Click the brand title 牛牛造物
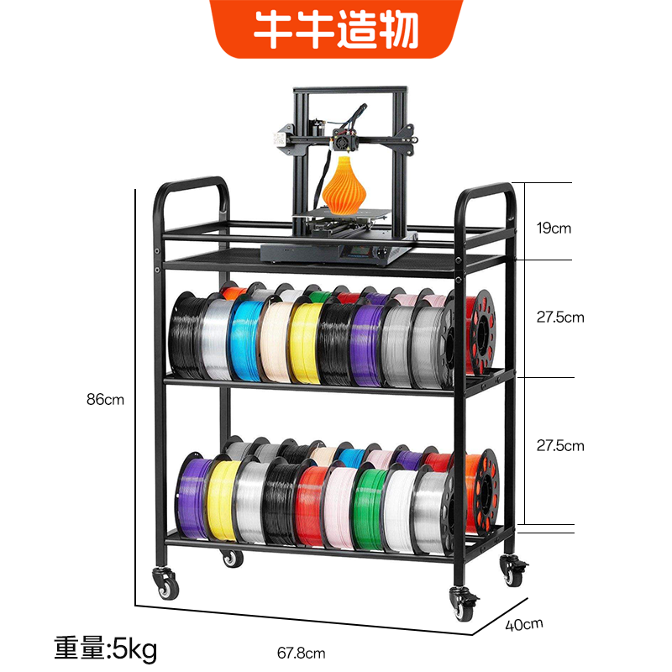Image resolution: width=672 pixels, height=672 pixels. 336,30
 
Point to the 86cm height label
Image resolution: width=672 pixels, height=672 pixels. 105,400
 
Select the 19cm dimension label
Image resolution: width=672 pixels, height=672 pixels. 554,228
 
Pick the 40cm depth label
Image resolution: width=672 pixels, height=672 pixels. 525,625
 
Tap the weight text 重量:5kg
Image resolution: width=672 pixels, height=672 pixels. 106,648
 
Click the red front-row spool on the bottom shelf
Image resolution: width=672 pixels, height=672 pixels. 309,504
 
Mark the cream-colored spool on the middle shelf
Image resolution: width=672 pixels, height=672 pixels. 275,340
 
